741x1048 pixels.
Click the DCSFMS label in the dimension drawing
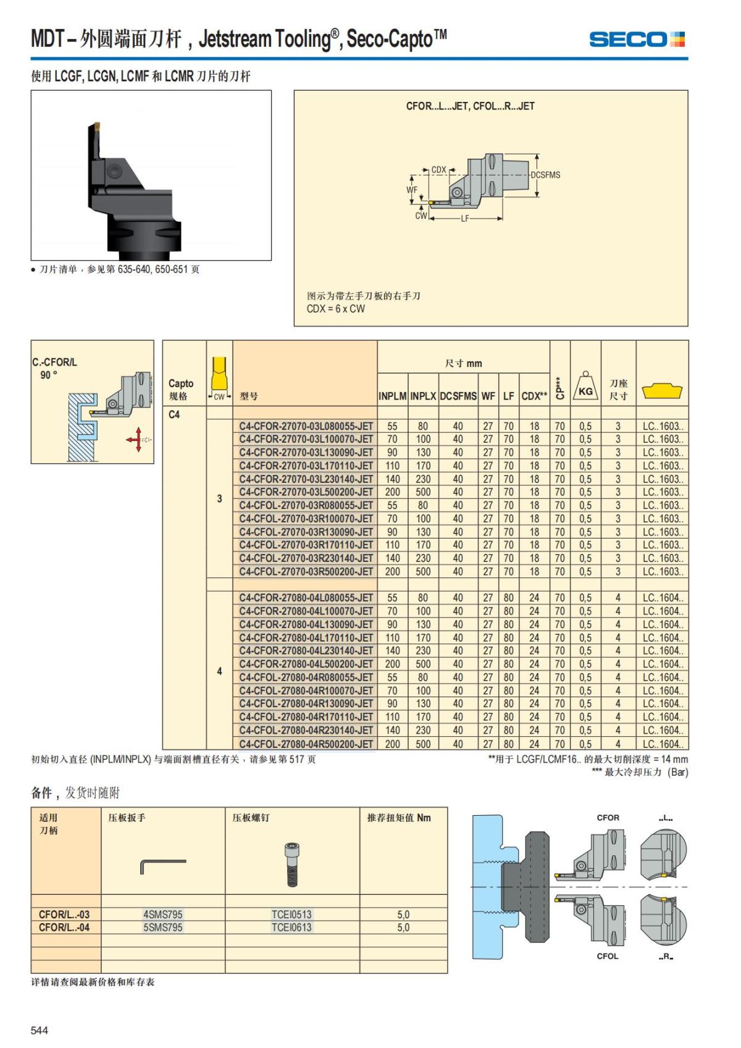[545, 175]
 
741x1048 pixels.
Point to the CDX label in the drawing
[438, 170]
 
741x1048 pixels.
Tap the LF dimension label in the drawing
[465, 219]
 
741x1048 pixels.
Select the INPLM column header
[392, 396]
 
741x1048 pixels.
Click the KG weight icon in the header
[585, 388]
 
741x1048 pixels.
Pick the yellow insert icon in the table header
[662, 391]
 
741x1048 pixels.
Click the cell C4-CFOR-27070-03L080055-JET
[306, 426]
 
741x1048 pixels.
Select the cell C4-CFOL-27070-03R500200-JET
[306, 571]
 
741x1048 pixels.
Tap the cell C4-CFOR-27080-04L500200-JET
[306, 664]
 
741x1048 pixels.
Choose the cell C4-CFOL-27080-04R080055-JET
[306, 677]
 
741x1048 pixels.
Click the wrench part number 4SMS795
[162, 914]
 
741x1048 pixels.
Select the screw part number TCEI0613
[291, 927]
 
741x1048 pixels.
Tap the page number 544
[40, 1030]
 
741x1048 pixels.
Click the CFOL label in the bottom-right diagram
[608, 956]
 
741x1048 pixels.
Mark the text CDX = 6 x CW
[336, 309]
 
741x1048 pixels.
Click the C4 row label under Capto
[174, 414]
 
